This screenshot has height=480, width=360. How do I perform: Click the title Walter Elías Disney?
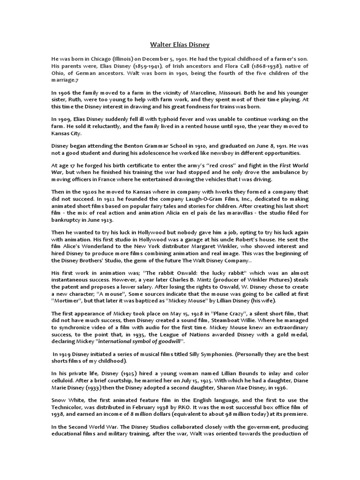click(180, 45)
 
